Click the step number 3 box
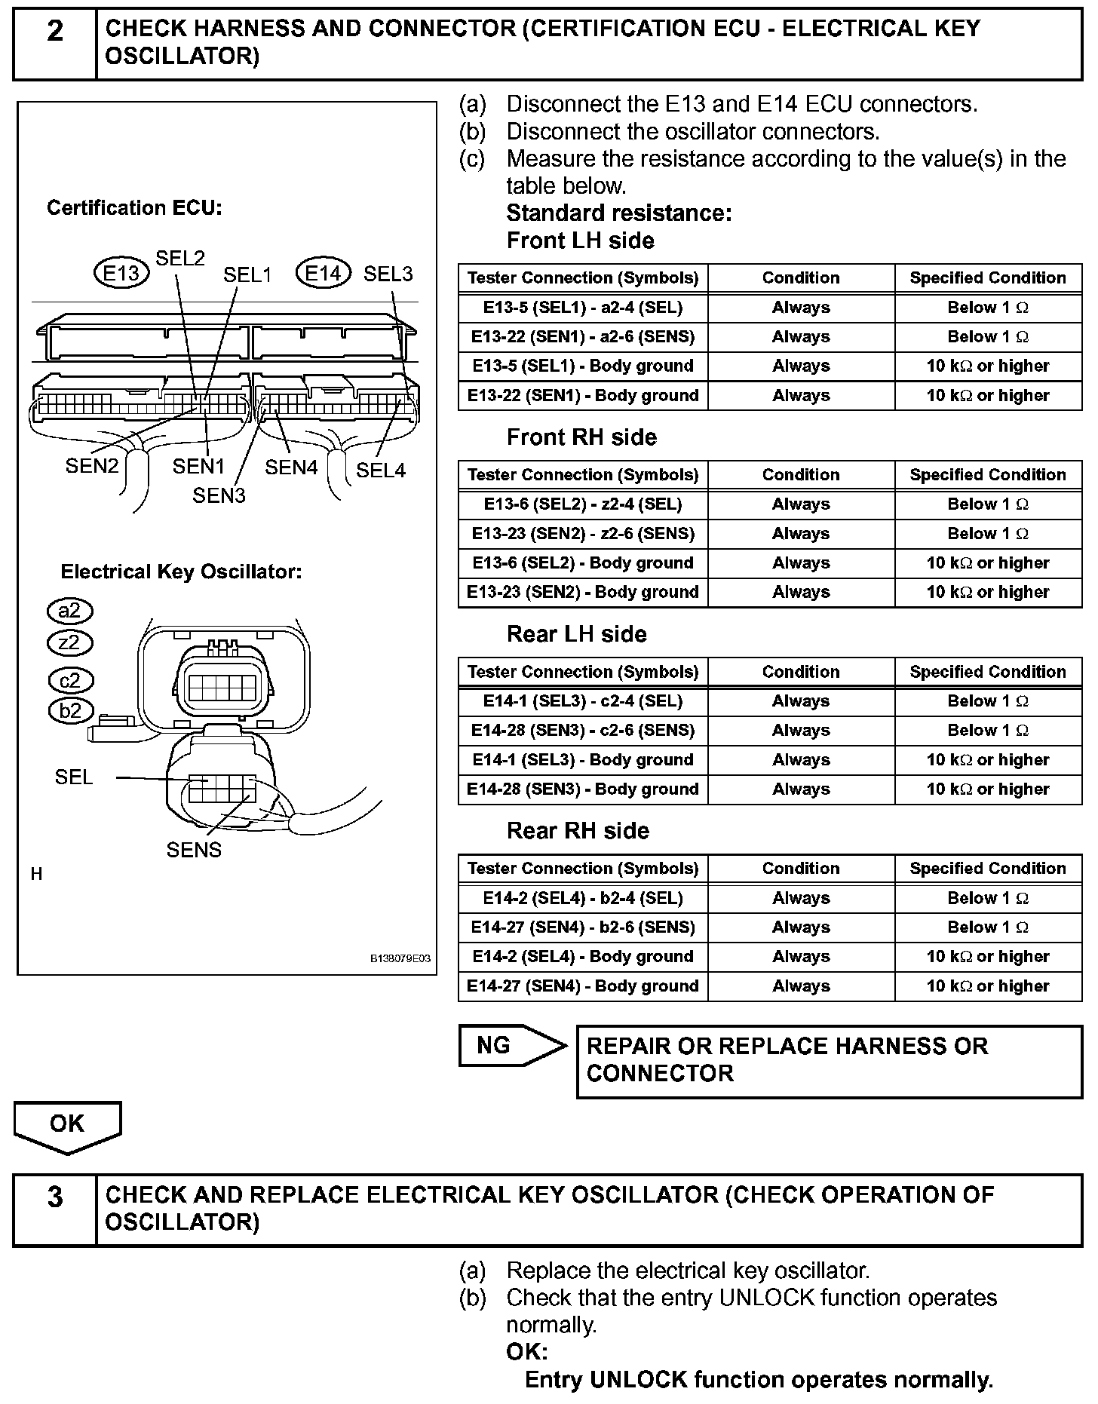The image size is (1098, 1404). pyautogui.click(x=55, y=1209)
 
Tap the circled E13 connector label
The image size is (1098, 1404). pyautogui.click(x=121, y=272)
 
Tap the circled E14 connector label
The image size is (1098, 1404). pyautogui.click(x=324, y=273)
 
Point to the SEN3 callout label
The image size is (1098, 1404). pyautogui.click(x=219, y=495)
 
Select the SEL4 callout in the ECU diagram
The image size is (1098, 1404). pyautogui.click(x=380, y=470)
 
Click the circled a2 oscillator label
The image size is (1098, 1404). pyautogui.click(x=69, y=610)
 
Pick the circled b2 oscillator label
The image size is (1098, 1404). pyautogui.click(x=70, y=710)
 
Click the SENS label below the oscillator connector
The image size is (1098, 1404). pyautogui.click(x=194, y=850)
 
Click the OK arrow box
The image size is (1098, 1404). pyautogui.click(x=67, y=1124)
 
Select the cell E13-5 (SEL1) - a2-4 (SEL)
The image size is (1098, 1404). pyautogui.click(x=583, y=308)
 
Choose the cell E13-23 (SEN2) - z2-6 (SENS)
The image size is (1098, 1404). pyautogui.click(x=583, y=534)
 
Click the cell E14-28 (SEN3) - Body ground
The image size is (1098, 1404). pyautogui.click(x=583, y=789)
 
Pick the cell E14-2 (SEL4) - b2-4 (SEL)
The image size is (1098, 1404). pyautogui.click(x=583, y=898)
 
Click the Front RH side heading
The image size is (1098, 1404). pyautogui.click(x=581, y=437)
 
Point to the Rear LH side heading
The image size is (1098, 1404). pyautogui.click(x=576, y=634)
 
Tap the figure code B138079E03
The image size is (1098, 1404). pyautogui.click(x=400, y=958)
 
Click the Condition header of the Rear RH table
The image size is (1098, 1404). pyautogui.click(x=801, y=869)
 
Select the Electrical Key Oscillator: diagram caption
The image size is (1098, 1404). pyautogui.click(x=181, y=572)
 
